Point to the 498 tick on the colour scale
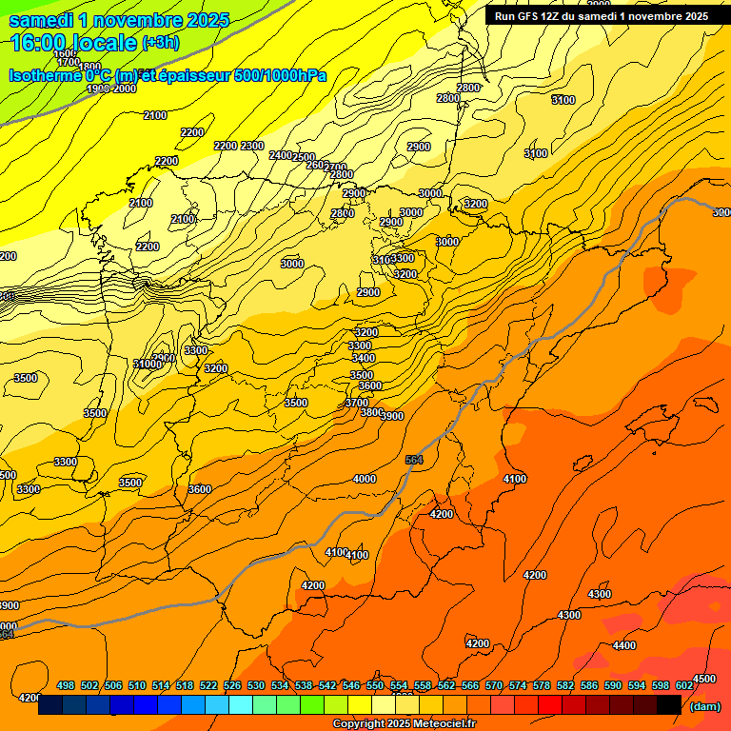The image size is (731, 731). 66,685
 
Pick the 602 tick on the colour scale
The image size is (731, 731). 684,685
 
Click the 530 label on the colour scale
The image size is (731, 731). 256,685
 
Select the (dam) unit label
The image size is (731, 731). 705,705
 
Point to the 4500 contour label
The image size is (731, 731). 703,679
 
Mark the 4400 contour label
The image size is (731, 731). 624,645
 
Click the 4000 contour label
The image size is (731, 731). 365,479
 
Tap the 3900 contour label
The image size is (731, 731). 391,415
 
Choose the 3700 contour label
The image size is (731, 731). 356,403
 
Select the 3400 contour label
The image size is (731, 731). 363,358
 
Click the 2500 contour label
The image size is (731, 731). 304,157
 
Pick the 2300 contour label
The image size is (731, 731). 252,146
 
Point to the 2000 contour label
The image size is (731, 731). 125,89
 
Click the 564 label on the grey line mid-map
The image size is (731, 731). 413,460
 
